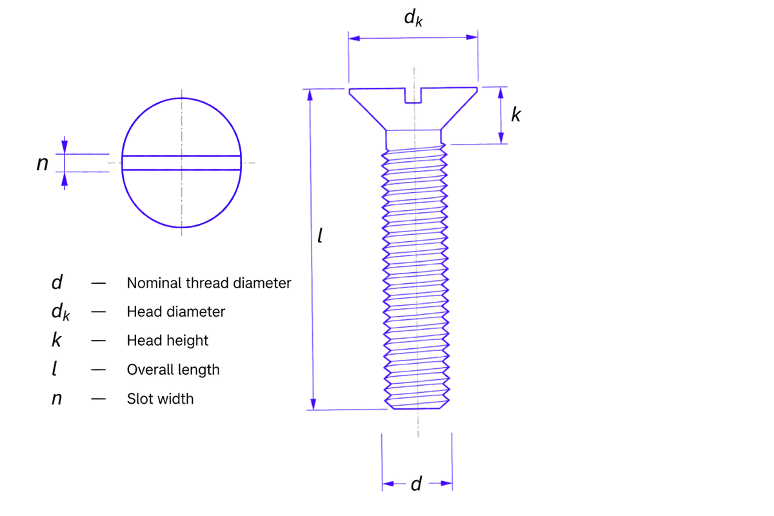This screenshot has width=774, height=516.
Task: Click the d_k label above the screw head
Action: point(413,17)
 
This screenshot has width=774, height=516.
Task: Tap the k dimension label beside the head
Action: point(516,114)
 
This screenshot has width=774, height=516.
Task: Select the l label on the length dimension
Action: point(320,235)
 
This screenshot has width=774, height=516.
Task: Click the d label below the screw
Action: point(417,484)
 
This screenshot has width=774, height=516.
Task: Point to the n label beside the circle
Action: point(43,163)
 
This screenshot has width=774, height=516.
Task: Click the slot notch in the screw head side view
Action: point(413,95)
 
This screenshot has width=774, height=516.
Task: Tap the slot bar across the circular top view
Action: point(181,163)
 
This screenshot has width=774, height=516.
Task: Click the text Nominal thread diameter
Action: point(209,283)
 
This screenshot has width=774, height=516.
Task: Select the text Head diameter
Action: point(176,312)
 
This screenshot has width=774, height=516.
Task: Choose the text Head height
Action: point(168,341)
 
